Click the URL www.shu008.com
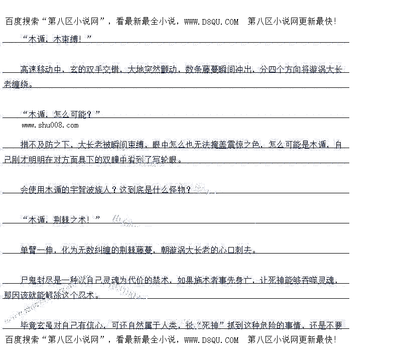50,125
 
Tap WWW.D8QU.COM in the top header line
211,22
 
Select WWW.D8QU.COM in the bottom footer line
211,340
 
